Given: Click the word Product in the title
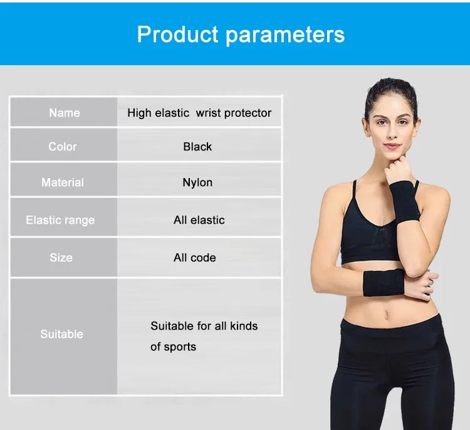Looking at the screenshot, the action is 177,34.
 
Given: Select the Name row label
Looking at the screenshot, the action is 65,113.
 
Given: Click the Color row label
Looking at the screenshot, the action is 63,147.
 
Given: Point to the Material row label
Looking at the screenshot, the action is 63,182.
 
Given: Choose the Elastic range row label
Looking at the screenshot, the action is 60,220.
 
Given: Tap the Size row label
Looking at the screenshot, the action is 61,258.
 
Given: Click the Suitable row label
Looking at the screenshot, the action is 62,334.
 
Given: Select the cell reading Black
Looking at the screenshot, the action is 197,147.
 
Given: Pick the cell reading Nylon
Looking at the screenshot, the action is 197,182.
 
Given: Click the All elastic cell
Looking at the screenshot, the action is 199,220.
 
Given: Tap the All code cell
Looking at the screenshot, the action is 195,258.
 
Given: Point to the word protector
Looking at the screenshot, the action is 248,113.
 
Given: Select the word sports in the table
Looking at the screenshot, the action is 180,347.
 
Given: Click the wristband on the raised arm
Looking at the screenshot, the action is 405,202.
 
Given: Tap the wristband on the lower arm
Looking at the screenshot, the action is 384,283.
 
